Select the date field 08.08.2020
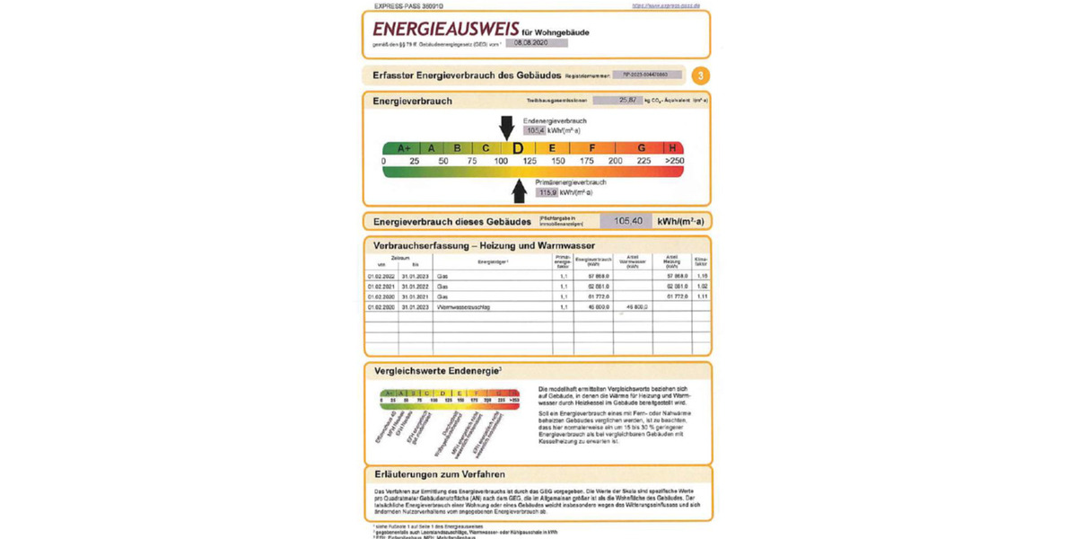point(536,42)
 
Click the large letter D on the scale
point(517,148)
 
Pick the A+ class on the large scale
point(403,148)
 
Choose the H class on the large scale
point(672,148)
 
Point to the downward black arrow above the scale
point(507,126)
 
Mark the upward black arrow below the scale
point(519,190)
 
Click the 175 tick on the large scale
point(588,161)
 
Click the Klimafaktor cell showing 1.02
point(702,286)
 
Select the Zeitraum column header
point(398,257)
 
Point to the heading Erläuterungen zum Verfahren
point(439,474)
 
